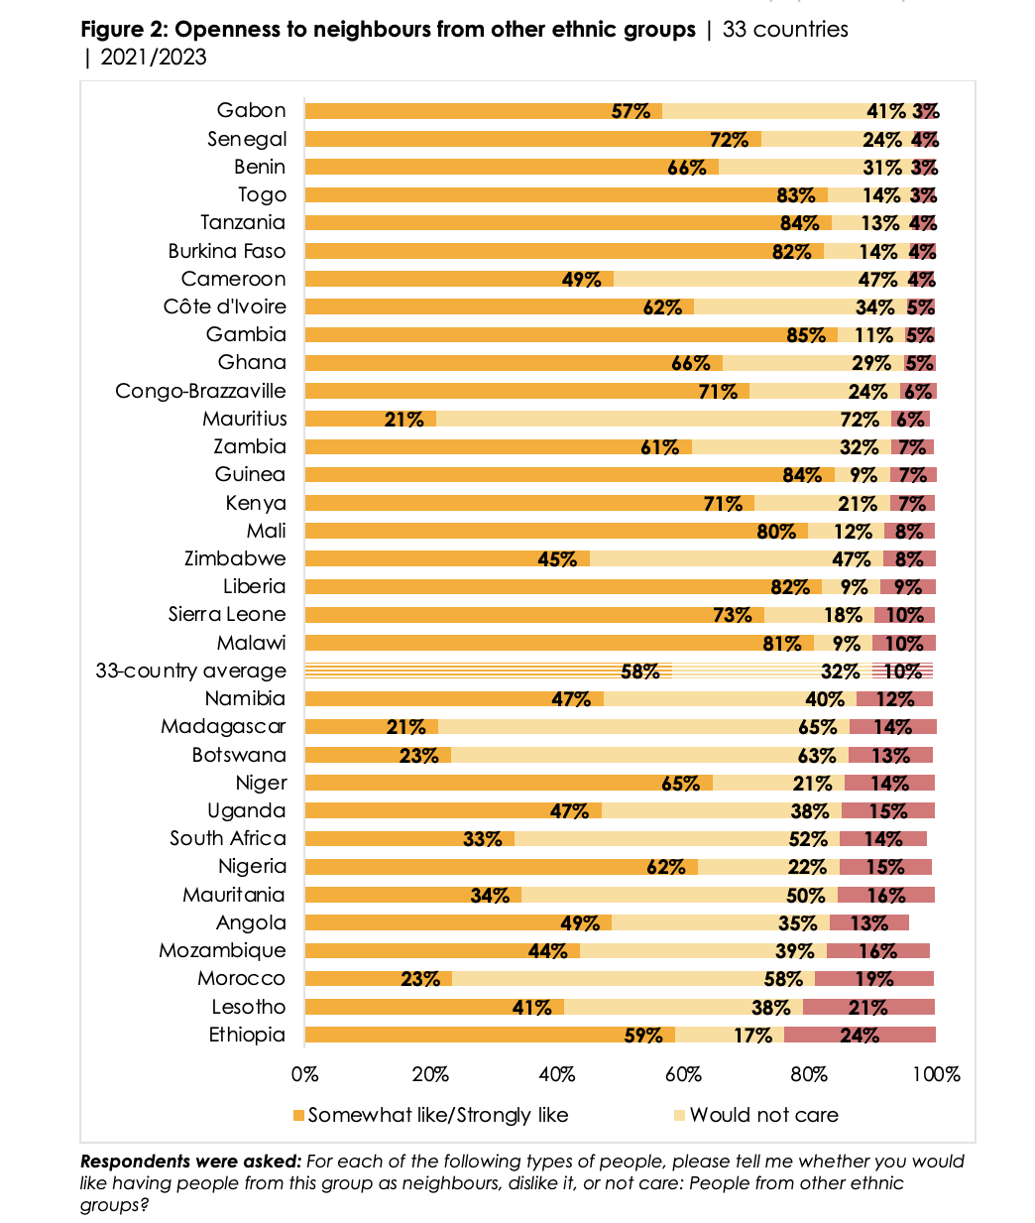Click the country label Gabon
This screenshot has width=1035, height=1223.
coord(251,110)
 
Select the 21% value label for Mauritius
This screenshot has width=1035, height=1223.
coord(404,419)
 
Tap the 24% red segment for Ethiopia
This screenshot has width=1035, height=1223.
coord(860,1036)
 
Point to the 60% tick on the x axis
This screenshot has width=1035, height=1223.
coord(683,1074)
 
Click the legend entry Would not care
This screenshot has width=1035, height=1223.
coord(763,1115)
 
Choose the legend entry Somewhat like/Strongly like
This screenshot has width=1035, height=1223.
coord(437,1115)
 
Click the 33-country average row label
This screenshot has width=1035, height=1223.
coord(190,671)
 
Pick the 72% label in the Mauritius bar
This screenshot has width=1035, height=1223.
coord(860,419)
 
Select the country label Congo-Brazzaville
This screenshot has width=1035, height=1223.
coord(200,391)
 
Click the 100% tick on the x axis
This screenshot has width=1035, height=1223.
coord(937,1074)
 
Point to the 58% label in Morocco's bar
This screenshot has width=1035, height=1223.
coord(783,979)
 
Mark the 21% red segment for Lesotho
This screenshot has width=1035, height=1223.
coord(868,1008)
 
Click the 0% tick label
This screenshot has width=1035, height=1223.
coord(304,1074)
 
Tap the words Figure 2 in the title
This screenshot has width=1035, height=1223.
coord(123,30)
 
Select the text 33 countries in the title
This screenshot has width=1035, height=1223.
coord(785,30)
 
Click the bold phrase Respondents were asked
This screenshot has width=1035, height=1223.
coord(190,1162)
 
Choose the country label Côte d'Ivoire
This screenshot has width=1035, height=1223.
coord(224,306)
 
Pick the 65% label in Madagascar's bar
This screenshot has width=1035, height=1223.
coord(817,727)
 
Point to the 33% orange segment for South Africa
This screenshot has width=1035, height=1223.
coord(409,839)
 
